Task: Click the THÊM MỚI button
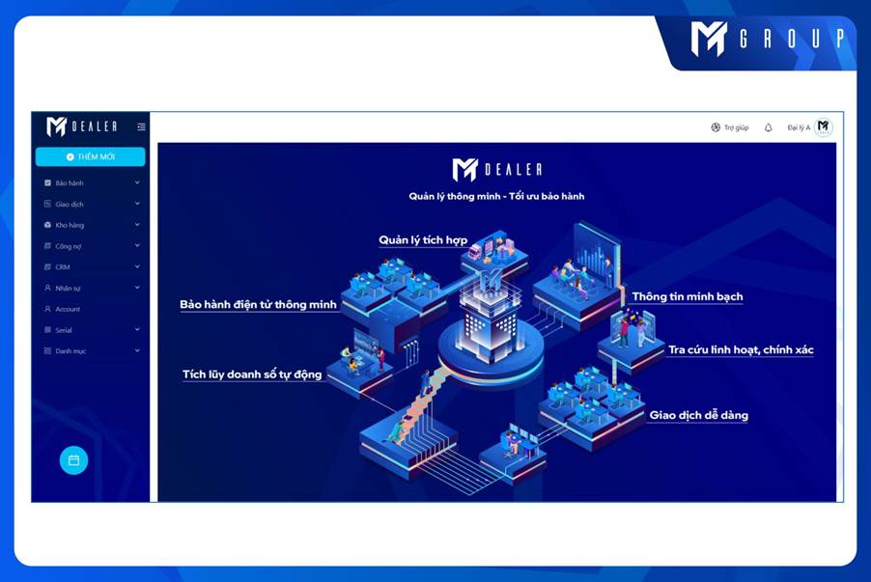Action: [x=91, y=156]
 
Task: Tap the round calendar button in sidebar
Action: [x=74, y=460]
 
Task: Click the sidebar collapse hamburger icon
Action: [x=142, y=127]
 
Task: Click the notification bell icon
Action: [x=769, y=127]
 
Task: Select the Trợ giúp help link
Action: [x=730, y=127]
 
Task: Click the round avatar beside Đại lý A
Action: [x=824, y=127]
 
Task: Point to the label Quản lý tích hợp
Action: [x=423, y=240]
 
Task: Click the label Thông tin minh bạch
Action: [x=688, y=296]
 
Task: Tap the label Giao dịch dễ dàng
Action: [x=699, y=415]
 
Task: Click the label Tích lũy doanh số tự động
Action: [x=252, y=374]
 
